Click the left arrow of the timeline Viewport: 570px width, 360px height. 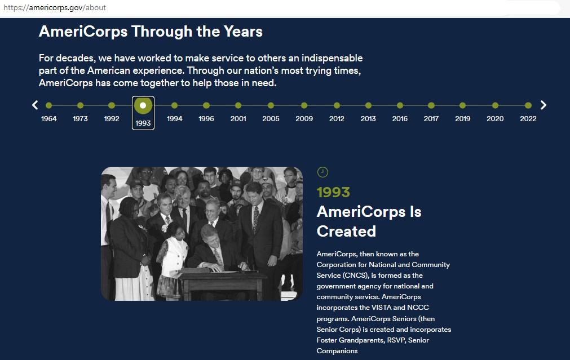[35, 105]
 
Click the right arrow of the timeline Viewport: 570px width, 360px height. [543, 105]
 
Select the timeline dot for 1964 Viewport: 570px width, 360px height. [48, 105]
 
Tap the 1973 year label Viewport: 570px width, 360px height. [80, 118]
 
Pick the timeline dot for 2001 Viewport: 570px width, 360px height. [238, 105]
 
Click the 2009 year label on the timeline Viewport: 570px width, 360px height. [304, 118]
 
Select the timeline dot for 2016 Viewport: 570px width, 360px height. [400, 105]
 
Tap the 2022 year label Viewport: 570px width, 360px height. [528, 118]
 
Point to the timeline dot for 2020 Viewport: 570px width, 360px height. [495, 105]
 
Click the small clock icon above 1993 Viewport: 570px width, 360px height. [322, 172]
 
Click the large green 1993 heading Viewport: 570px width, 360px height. [333, 192]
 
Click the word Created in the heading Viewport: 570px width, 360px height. [346, 232]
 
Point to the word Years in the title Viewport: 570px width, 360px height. [243, 31]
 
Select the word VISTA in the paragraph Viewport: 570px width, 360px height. [381, 308]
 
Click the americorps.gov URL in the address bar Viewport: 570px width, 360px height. [55, 8]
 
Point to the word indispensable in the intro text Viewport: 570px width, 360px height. [332, 58]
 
